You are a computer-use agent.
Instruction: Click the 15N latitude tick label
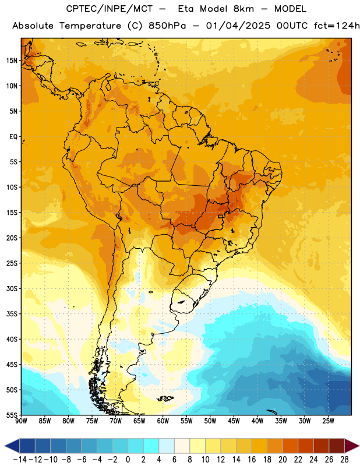point(12,61)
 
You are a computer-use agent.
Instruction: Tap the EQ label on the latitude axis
point(13,137)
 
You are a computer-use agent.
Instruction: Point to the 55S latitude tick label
point(12,415)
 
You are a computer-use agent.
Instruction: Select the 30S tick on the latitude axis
point(12,288)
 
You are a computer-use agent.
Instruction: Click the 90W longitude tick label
point(21,421)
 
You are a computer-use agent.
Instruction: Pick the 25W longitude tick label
point(328,421)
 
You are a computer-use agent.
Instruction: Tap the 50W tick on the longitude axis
point(210,421)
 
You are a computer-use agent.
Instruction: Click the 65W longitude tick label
point(139,421)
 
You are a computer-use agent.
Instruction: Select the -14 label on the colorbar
point(20,460)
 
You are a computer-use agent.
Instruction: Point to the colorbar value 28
point(344,460)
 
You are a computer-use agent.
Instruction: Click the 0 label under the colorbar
point(128,460)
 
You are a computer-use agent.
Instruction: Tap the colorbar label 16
point(252,460)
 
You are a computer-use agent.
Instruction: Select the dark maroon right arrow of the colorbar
point(351,446)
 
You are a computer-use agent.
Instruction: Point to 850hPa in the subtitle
point(167,26)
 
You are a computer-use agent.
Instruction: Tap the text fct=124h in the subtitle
point(336,26)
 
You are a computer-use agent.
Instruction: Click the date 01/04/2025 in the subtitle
point(238,26)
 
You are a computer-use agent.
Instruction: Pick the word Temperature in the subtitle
point(90,26)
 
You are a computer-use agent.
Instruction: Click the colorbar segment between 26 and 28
point(337,446)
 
